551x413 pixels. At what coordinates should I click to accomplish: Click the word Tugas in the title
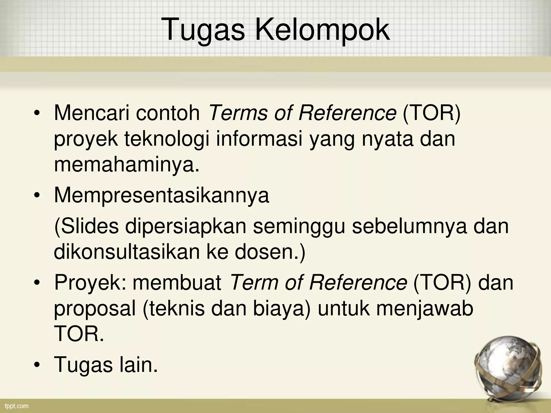click(204, 30)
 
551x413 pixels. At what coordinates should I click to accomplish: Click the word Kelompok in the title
click(322, 30)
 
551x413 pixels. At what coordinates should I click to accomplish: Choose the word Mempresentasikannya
click(161, 195)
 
